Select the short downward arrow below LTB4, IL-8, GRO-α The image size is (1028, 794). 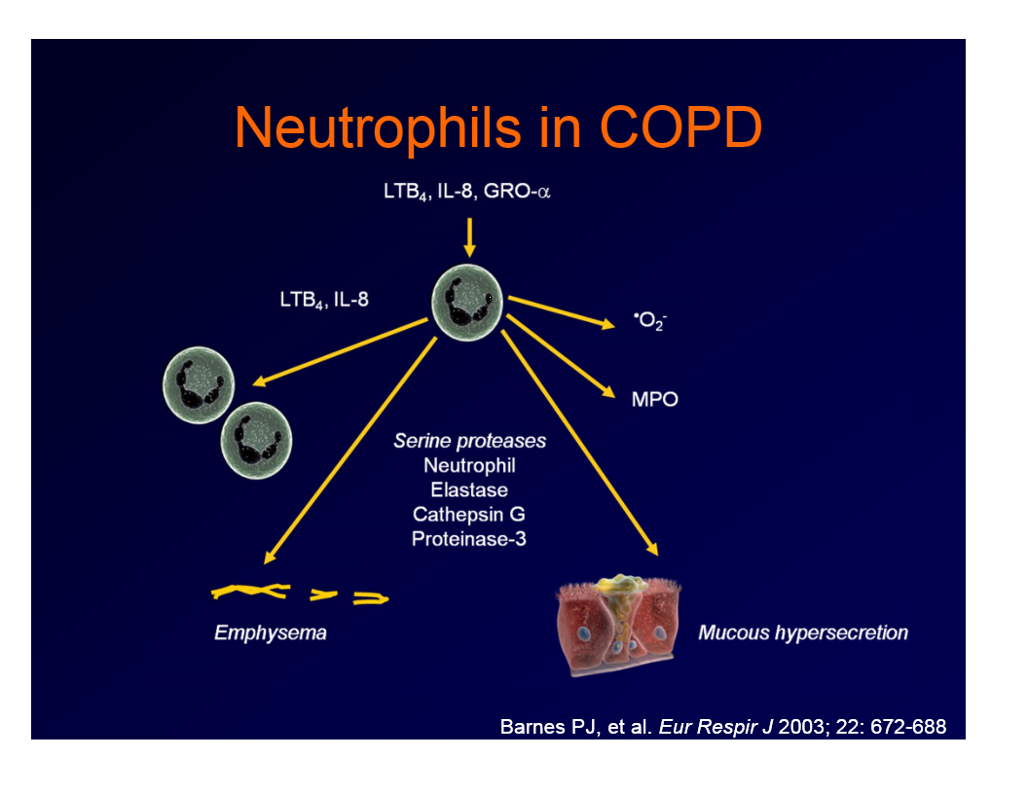pyautogui.click(x=469, y=236)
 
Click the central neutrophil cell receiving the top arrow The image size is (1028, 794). pyautogui.click(x=467, y=301)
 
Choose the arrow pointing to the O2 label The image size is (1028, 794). pyautogui.click(x=561, y=310)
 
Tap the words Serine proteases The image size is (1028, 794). pyautogui.click(x=469, y=441)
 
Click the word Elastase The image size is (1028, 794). pyautogui.click(x=469, y=489)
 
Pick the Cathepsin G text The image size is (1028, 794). pyautogui.click(x=469, y=514)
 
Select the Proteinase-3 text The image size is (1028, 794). pyautogui.click(x=469, y=538)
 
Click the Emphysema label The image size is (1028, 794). pyautogui.click(x=271, y=633)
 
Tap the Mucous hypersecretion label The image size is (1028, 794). pyautogui.click(x=803, y=633)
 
